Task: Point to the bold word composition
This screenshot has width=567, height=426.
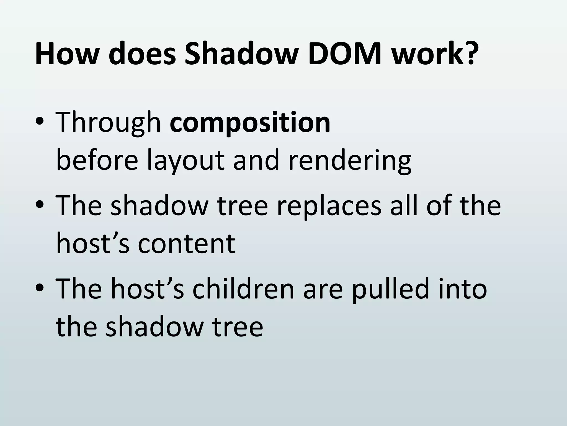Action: click(x=250, y=123)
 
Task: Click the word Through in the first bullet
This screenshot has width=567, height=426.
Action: click(x=109, y=123)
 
